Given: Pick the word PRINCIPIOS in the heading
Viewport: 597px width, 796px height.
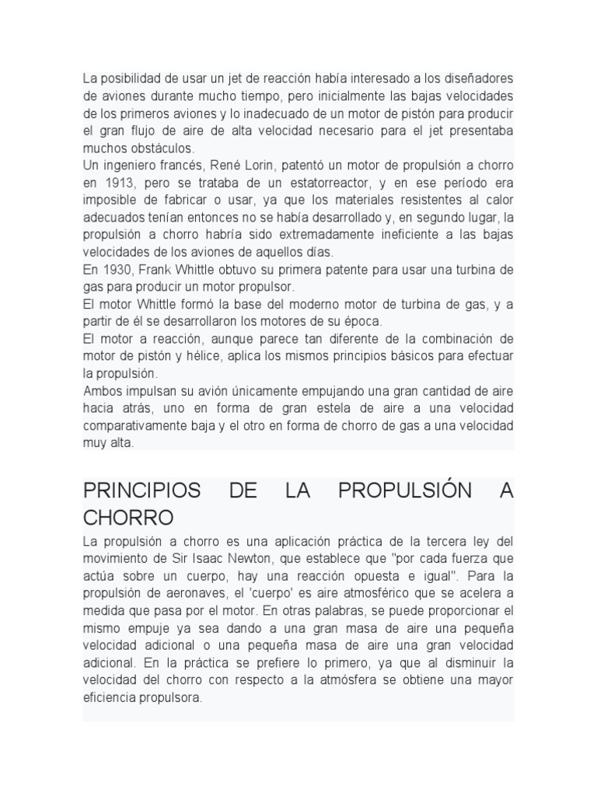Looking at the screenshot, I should tap(141, 491).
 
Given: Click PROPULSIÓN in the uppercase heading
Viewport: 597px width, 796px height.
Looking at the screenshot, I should tap(404, 491).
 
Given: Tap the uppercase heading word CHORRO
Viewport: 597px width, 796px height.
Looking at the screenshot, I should tap(128, 518).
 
